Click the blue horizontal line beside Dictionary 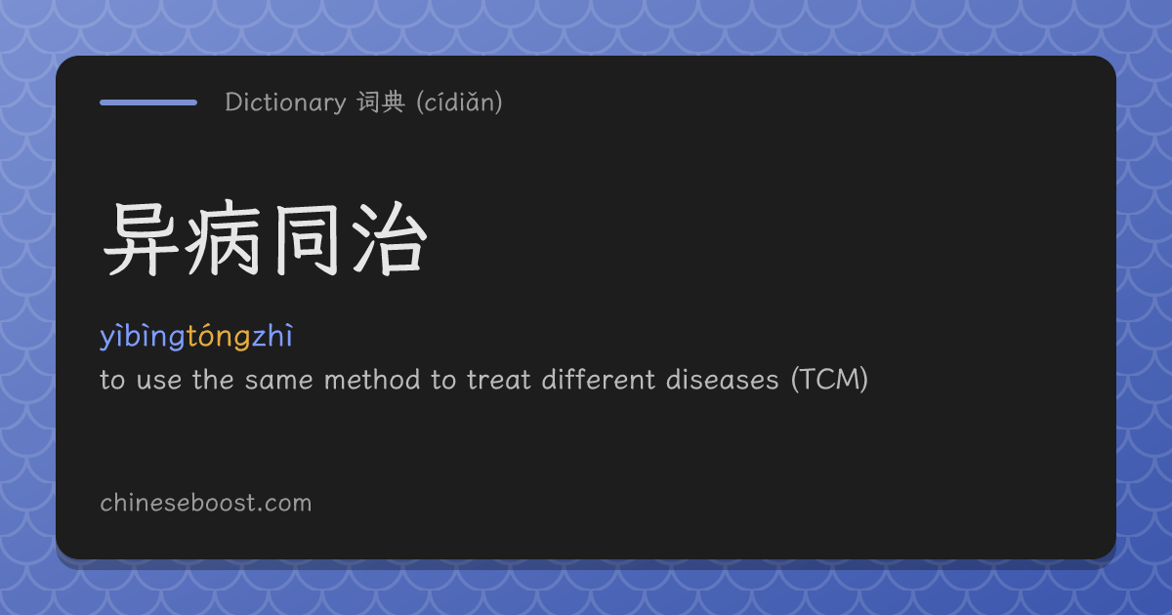(x=148, y=102)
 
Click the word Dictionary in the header (x=285, y=102)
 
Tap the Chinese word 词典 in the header (x=381, y=102)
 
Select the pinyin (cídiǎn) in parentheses (x=459, y=102)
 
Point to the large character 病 (x=223, y=238)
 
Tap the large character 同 (x=306, y=239)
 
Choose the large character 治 (x=390, y=238)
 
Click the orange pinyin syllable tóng (x=218, y=336)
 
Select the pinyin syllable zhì (x=272, y=335)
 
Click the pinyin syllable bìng (x=154, y=336)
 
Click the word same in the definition (x=279, y=380)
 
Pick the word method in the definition (x=372, y=379)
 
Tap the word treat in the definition (x=499, y=380)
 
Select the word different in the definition (x=599, y=379)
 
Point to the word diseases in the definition (x=723, y=379)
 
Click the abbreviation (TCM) (x=829, y=379)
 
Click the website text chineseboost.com (x=206, y=503)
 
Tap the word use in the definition (x=159, y=381)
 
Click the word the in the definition (x=213, y=379)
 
